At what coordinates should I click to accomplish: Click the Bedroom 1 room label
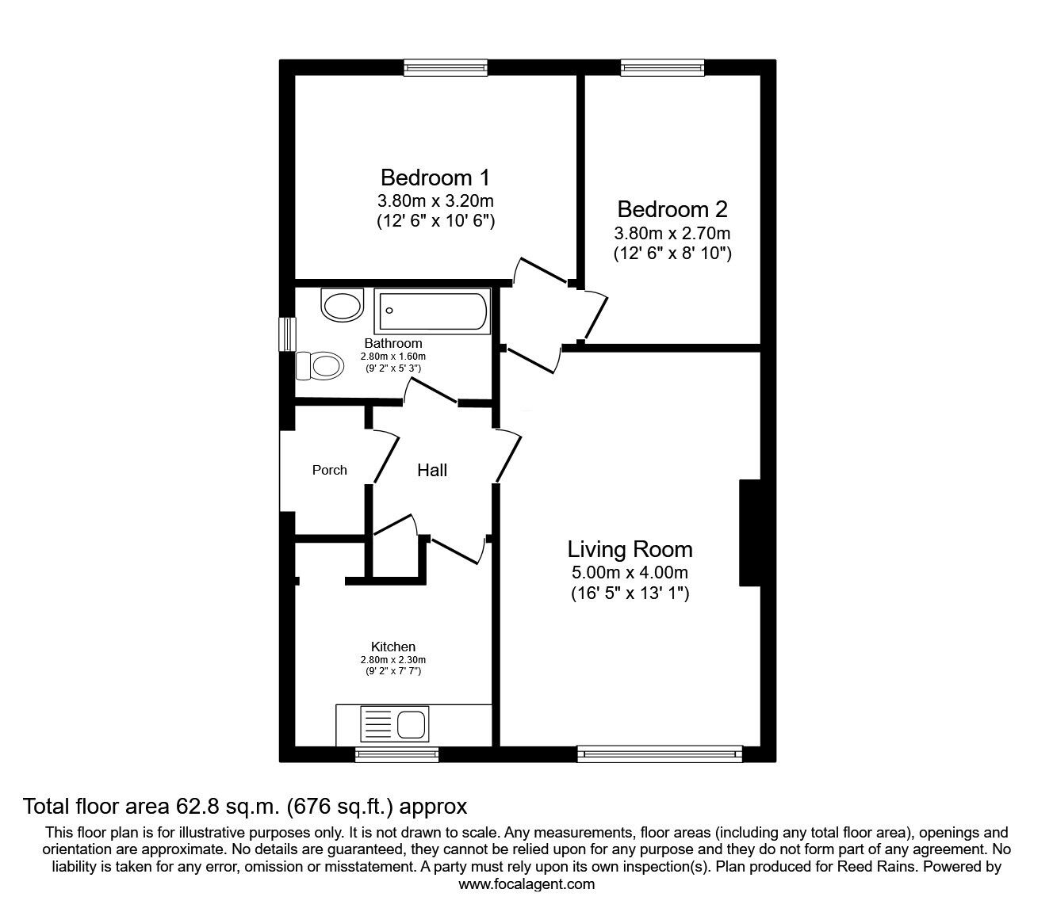[435, 177]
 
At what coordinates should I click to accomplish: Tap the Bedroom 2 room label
[672, 209]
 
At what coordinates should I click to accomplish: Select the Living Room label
[630, 549]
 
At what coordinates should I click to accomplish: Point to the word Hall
[432, 470]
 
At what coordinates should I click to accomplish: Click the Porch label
[330, 470]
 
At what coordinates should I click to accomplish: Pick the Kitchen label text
[393, 647]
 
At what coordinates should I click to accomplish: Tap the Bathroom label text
[393, 343]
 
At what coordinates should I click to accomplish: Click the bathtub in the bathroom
[432, 311]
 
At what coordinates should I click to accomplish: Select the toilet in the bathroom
[319, 365]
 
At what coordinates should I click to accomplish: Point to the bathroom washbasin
[343, 305]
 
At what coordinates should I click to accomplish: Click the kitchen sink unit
[395, 723]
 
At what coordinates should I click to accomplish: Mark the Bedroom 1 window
[446, 67]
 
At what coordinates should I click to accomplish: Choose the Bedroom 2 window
[662, 67]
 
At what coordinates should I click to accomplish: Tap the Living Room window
[660, 754]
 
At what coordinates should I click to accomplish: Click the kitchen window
[396, 754]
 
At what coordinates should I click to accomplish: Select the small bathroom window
[288, 334]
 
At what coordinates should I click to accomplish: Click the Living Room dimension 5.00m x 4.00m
[630, 572]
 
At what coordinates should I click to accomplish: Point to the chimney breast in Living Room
[750, 532]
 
